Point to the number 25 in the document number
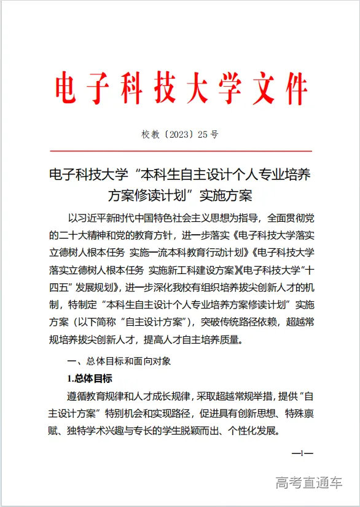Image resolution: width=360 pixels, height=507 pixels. (x=203, y=134)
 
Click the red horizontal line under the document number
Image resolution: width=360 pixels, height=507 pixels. (x=180, y=151)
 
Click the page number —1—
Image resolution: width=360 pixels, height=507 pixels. (x=302, y=454)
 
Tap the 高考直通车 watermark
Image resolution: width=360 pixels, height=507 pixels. (x=309, y=482)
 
